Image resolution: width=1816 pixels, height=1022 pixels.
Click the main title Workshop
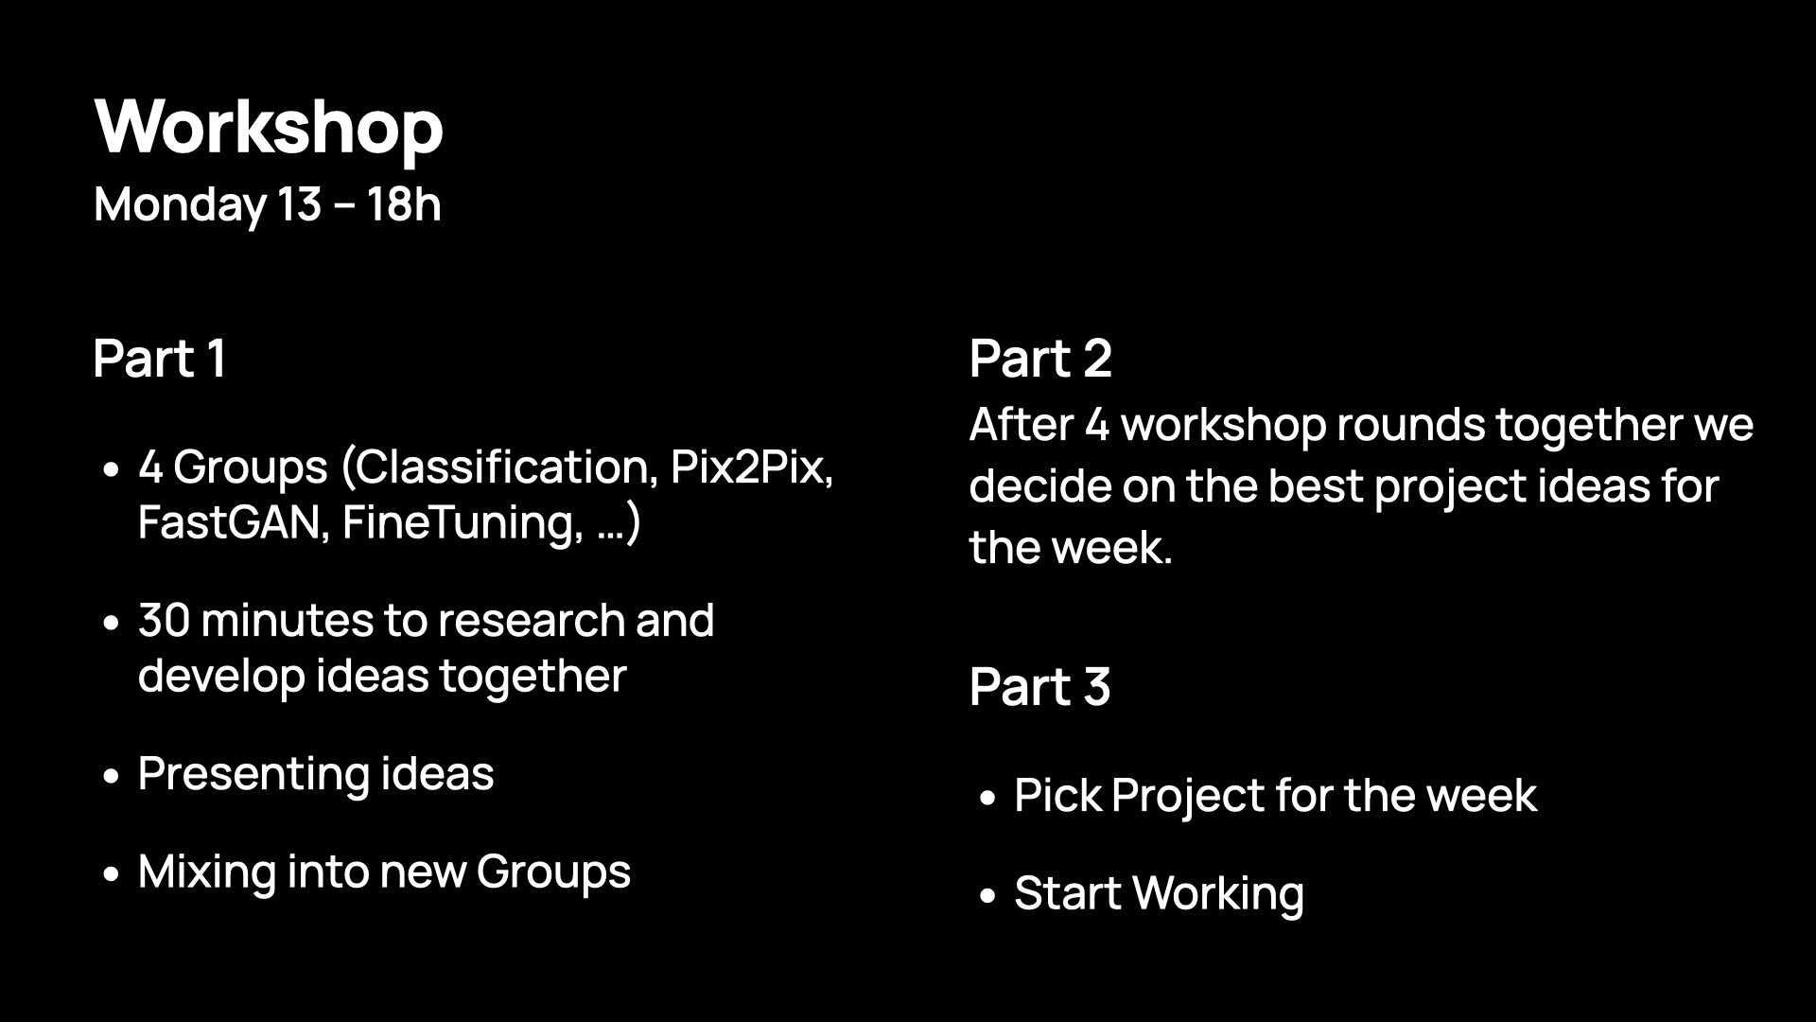pos(269,128)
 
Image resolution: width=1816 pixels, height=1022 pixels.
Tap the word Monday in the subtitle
pos(180,204)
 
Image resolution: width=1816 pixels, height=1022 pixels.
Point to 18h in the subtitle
pos(404,204)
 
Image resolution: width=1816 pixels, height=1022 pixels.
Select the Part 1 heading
pos(160,359)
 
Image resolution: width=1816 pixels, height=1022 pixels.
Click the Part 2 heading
pos(1040,359)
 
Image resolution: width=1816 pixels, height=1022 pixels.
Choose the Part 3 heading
pos(1039,686)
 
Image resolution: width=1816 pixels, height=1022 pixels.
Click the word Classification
pos(507,467)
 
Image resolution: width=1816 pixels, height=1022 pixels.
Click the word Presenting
pos(253,774)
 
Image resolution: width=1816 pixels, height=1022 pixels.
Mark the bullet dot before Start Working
pos(988,894)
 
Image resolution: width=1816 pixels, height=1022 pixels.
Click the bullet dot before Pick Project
pos(988,797)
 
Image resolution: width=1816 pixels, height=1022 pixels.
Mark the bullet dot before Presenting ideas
pos(113,776)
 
